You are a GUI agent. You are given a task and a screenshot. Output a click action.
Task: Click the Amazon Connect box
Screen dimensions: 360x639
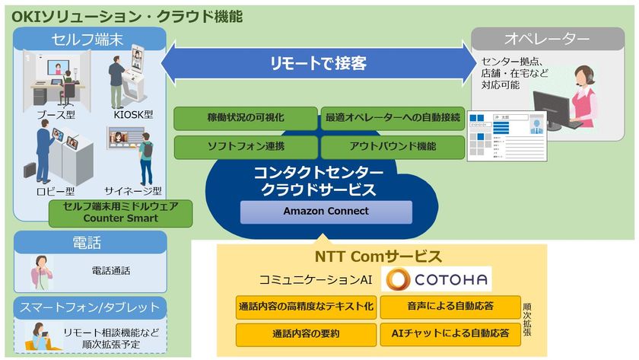(326, 212)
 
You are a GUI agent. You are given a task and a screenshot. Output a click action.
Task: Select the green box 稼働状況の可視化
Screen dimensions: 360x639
(245, 118)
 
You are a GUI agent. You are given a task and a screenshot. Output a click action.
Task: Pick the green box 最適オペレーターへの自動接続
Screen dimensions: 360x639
(393, 118)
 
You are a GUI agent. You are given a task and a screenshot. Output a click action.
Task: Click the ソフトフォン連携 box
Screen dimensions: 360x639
(245, 147)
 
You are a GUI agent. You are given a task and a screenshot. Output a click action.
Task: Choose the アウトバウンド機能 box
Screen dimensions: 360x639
(393, 147)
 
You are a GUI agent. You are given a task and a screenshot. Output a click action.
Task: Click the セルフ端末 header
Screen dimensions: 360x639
(91, 39)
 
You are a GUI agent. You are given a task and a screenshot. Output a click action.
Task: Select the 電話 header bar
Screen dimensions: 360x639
(91, 242)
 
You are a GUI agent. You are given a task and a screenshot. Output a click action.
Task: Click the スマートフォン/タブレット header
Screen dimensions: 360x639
(91, 307)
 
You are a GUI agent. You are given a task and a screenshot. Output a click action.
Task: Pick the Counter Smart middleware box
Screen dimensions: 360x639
(121, 213)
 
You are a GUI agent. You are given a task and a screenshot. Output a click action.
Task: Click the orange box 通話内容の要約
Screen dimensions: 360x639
(305, 333)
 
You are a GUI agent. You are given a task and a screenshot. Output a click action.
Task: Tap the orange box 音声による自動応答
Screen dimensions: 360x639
(450, 307)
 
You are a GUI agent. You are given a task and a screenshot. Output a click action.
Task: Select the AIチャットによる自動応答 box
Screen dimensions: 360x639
(450, 333)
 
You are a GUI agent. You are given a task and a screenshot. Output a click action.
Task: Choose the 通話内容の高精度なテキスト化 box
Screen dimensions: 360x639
(305, 307)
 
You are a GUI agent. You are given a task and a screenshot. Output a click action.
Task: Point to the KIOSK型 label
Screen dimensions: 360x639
(138, 115)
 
